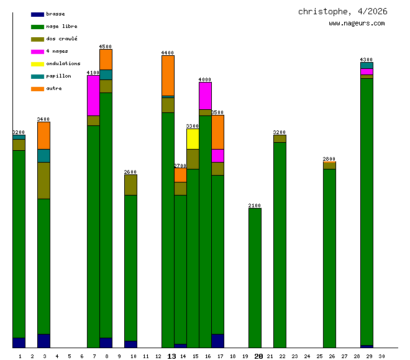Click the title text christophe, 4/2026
[x=342, y=12]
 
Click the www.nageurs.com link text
[x=357, y=24]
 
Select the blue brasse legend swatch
[x=37, y=14]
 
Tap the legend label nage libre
[x=61, y=27]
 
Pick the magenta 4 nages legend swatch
[x=37, y=52]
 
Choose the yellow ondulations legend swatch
[x=37, y=64]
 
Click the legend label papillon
[x=58, y=76]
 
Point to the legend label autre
[x=54, y=89]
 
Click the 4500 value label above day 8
[x=106, y=47]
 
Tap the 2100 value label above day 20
[x=255, y=205]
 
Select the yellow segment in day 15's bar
[x=193, y=138]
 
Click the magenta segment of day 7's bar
[x=93, y=95]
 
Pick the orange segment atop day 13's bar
[x=168, y=75]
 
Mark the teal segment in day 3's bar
[x=43, y=155]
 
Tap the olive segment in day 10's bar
[x=130, y=185]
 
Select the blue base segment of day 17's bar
[x=217, y=341]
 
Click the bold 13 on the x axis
[x=171, y=356]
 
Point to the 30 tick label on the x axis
[x=381, y=356]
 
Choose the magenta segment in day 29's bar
[x=367, y=71]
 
